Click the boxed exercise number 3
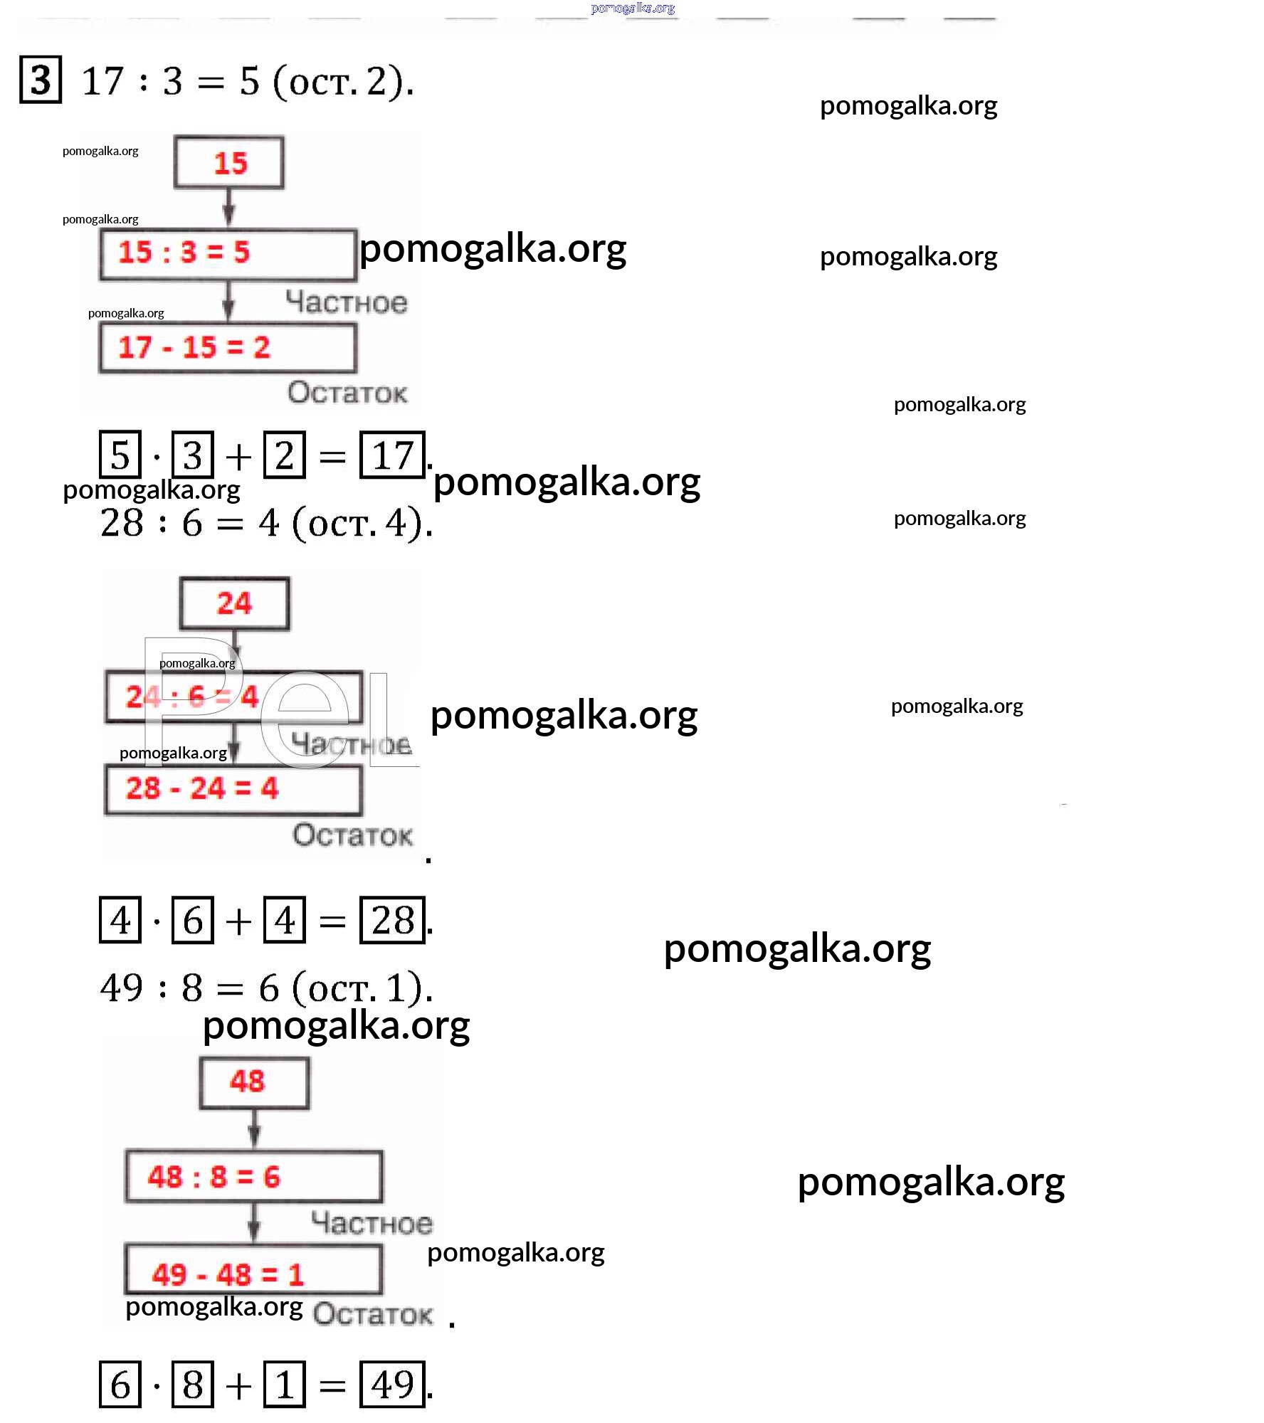click(x=41, y=79)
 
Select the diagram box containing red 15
click(x=229, y=163)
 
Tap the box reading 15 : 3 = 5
click(x=228, y=253)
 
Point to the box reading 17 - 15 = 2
click(x=228, y=348)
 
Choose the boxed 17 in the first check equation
click(x=392, y=455)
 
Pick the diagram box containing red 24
click(x=234, y=603)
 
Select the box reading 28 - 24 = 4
click(x=233, y=789)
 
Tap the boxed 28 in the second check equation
click(x=392, y=920)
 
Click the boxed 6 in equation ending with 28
click(x=193, y=920)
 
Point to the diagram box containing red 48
click(x=254, y=1083)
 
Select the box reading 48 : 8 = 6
click(x=253, y=1177)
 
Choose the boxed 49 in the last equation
click(x=392, y=1385)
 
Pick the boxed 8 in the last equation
click(x=193, y=1385)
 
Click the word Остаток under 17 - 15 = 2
click(x=347, y=392)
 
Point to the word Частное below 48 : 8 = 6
click(x=372, y=1223)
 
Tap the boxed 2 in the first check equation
click(x=285, y=455)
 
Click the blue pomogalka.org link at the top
click(x=633, y=8)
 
